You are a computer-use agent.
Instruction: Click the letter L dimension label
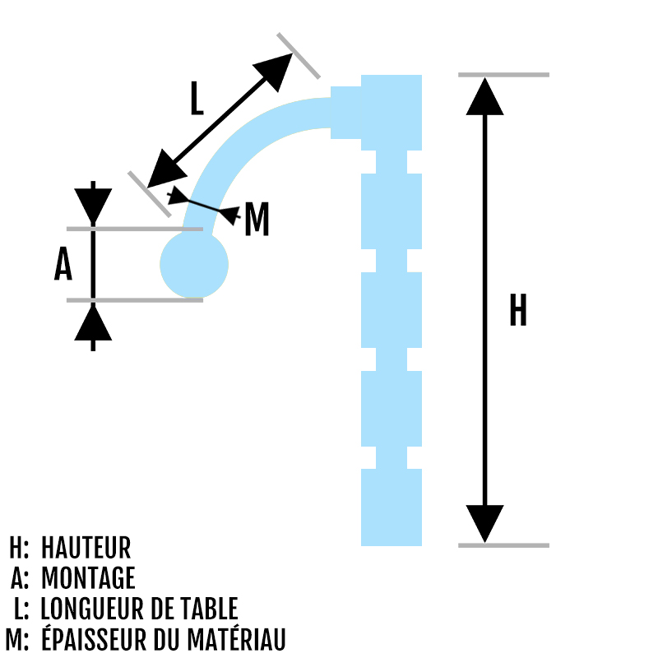tap(197, 99)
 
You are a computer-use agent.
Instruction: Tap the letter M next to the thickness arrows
tap(257, 219)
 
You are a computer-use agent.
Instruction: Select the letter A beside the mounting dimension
tap(63, 263)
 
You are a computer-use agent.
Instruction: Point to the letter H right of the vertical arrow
tap(518, 310)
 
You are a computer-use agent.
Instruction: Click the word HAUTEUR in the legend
tap(86, 547)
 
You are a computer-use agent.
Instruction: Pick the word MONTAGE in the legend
tap(88, 578)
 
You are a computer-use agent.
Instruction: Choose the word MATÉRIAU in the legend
tap(236, 638)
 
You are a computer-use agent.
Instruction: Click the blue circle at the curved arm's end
tap(194, 264)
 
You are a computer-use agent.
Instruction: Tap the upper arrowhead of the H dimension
tap(484, 96)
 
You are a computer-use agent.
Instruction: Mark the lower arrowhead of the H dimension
tap(484, 524)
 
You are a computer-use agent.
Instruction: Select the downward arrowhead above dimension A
tap(93, 206)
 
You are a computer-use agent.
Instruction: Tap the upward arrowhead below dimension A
tap(93, 323)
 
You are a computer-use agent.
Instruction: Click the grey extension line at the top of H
tap(503, 75)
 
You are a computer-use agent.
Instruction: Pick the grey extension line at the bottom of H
tap(503, 545)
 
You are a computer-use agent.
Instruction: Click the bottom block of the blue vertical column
tap(392, 507)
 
